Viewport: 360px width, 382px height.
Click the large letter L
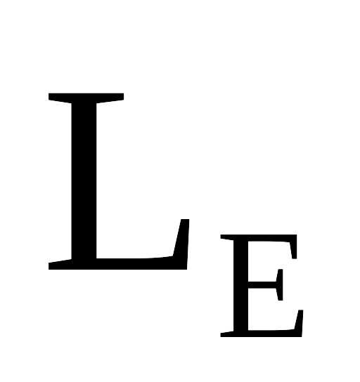click(84, 181)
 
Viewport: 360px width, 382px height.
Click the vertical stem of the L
click(84, 181)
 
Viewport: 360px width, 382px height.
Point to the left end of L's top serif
click(49, 97)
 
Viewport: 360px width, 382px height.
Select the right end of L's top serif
click(123, 96)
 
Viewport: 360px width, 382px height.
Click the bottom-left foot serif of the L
click(60, 265)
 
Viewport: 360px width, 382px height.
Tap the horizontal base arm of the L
click(136, 263)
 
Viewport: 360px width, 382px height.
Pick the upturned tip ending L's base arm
click(185, 220)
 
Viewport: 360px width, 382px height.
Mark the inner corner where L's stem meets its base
click(96, 258)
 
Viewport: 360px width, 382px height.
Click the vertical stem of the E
click(240, 286)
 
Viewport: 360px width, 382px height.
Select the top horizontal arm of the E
click(269, 238)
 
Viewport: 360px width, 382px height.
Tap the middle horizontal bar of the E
click(262, 285)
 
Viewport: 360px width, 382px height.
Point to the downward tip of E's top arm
click(294, 258)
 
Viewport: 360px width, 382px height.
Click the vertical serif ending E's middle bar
click(280, 285)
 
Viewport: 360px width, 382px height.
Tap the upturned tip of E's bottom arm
click(300, 311)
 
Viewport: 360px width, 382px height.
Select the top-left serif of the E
click(227, 237)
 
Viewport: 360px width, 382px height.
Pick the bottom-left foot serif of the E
click(227, 334)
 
